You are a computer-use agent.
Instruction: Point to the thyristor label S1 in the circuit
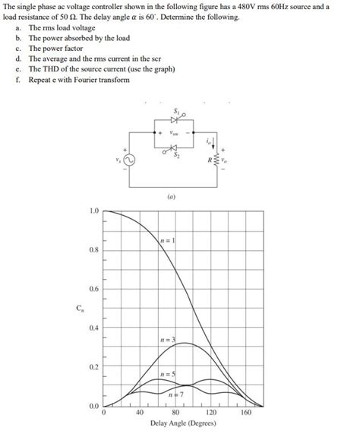(177, 111)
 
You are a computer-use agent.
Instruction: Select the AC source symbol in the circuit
(130, 161)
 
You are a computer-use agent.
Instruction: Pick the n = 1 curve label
(169, 240)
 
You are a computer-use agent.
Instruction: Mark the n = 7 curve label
(175, 394)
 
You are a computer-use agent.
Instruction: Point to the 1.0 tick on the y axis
(93, 211)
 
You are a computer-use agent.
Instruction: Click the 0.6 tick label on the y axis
(93, 289)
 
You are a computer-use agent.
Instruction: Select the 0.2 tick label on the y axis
(93, 367)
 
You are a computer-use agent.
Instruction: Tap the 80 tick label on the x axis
(175, 412)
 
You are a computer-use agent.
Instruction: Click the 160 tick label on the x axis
(246, 412)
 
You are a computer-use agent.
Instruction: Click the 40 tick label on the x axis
(140, 412)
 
